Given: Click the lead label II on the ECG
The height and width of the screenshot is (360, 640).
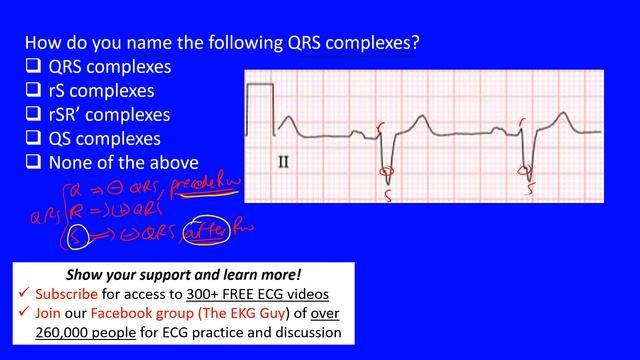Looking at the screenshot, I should pyautogui.click(x=284, y=160).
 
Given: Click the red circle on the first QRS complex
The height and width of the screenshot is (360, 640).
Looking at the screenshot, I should pyautogui.click(x=384, y=170).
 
